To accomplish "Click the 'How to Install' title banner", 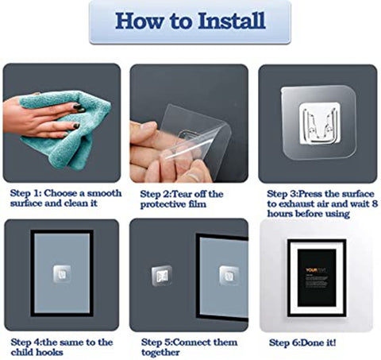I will point(190,21).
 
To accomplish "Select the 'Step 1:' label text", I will point(27,193).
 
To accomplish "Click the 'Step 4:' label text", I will point(26,342).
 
